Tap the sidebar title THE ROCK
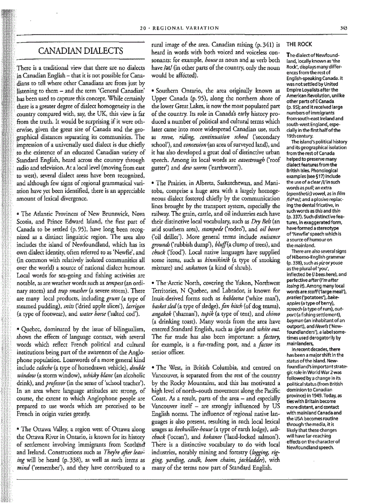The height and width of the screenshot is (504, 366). click(296, 45)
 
